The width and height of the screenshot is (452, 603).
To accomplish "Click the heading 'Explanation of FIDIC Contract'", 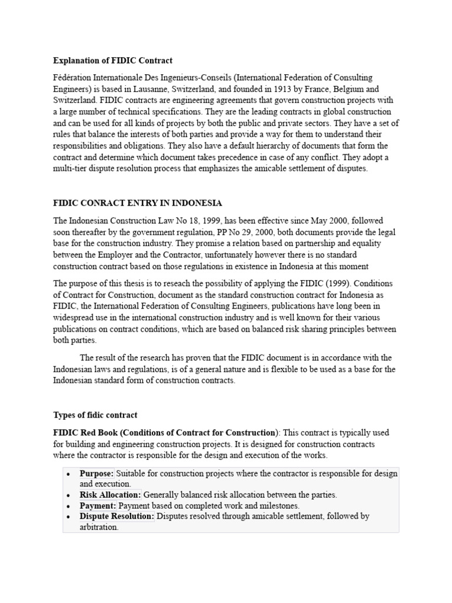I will pos(112,61).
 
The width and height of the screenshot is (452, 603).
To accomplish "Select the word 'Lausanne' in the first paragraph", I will pos(155,90).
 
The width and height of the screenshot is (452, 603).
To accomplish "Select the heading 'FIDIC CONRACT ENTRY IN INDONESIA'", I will pos(138,203).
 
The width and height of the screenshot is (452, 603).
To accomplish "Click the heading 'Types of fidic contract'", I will pos(95,415).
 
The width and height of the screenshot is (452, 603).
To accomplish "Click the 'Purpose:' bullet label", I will pos(97,473).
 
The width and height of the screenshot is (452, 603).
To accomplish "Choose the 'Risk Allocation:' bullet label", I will pos(110,495).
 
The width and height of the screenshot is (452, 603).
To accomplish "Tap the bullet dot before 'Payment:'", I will pos(69,506).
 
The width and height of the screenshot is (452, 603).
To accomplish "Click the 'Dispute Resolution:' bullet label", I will pos(117,516).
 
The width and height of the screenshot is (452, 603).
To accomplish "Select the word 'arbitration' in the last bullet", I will pos(98,527).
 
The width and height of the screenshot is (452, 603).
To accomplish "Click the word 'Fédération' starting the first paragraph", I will pos(74,78).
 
